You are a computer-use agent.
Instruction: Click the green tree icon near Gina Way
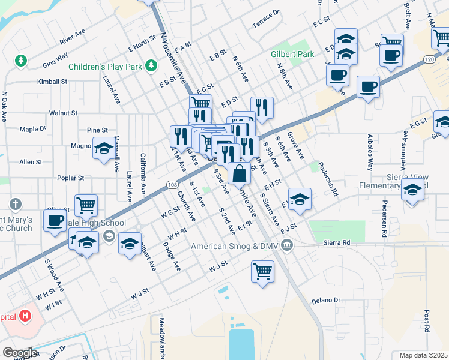point(21,61)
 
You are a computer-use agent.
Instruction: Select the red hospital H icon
point(25,315)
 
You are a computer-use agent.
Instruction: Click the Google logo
point(20,352)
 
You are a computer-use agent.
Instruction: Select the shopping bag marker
point(239,174)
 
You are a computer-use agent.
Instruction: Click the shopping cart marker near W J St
point(262,271)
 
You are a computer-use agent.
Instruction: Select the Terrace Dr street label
point(267,20)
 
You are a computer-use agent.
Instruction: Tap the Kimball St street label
point(52,82)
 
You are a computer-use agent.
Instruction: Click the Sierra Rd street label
point(336,242)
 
